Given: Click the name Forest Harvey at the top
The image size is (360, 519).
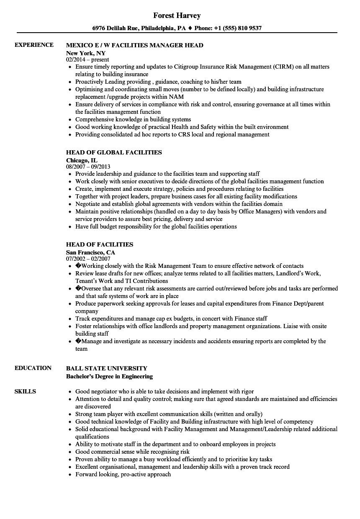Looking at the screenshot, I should (177, 15).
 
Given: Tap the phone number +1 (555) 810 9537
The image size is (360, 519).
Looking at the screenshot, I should (240, 28).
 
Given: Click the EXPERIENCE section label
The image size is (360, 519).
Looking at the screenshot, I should (34, 45).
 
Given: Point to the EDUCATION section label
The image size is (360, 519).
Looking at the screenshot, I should (33, 368).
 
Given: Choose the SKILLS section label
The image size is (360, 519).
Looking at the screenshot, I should (25, 392).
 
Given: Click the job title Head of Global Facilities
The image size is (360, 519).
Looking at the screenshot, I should (114, 152).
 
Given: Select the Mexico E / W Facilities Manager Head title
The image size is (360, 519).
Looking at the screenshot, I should (134, 45).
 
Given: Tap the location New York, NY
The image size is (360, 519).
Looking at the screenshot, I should (86, 53).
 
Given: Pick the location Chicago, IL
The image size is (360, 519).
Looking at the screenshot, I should (82, 160).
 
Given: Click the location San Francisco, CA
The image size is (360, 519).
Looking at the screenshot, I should (90, 252).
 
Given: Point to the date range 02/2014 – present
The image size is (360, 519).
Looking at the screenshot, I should (87, 60).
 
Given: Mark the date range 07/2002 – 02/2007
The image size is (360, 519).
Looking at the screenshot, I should (88, 259).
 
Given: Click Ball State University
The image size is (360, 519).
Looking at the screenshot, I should (107, 368).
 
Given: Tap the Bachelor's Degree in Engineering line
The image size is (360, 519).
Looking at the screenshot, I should (109, 376).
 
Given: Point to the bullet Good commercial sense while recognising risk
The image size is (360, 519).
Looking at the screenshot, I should (132, 452).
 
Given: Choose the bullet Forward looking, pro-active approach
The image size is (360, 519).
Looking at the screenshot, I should (123, 474).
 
